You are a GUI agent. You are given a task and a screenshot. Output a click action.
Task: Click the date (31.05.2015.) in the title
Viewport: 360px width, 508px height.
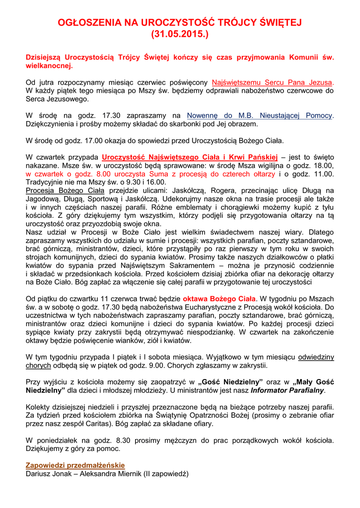180,35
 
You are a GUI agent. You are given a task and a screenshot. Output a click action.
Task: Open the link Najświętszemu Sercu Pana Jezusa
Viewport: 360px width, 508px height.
273,82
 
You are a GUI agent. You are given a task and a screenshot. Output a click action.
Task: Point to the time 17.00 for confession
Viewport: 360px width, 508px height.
98,140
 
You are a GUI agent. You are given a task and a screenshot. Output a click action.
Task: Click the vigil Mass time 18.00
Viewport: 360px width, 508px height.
323,166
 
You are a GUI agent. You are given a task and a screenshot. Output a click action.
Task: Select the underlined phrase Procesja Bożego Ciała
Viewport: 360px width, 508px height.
65,190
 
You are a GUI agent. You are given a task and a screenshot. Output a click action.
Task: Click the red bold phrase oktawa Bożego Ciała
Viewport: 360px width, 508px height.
219,299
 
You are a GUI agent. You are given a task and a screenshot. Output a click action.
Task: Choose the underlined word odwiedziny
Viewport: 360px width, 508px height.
316,357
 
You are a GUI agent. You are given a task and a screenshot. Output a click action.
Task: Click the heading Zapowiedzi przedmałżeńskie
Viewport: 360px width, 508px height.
75,465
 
